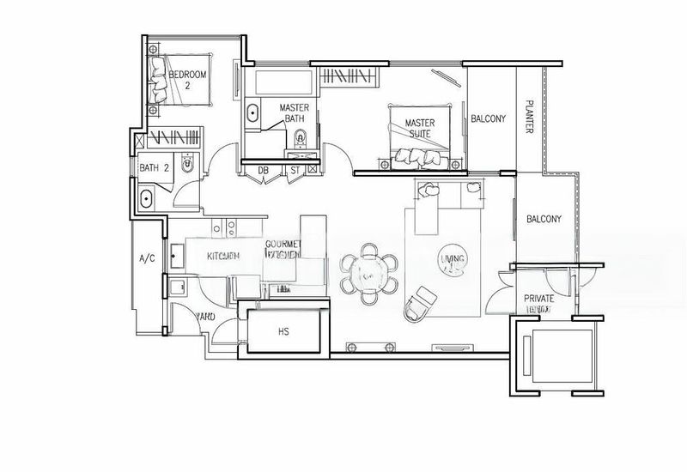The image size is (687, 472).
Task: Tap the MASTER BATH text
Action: point(295,113)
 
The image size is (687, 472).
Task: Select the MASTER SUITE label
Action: point(420,129)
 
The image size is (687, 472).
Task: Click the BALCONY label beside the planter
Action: point(489,118)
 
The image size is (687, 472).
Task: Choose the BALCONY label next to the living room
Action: point(544,220)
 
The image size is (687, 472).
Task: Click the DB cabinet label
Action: point(264,170)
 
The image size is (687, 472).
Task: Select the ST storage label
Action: point(295,170)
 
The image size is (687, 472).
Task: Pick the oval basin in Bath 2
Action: point(146,200)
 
